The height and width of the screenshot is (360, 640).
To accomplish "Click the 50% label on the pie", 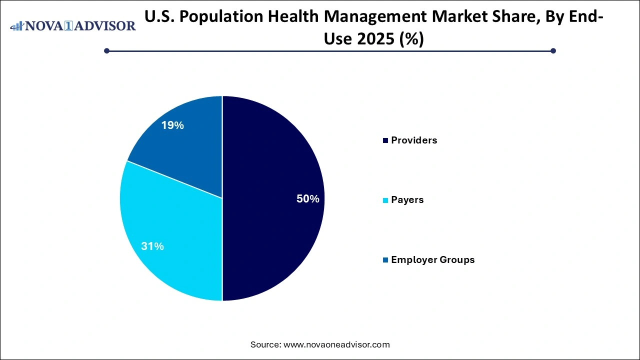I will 307,199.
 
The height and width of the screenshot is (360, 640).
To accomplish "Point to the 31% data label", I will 152,246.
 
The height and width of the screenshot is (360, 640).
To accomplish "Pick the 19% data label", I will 172,126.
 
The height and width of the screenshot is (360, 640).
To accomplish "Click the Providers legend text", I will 414,140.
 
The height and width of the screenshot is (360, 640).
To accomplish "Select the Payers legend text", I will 407,200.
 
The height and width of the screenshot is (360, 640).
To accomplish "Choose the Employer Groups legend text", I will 432,260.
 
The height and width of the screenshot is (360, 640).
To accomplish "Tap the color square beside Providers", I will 385,141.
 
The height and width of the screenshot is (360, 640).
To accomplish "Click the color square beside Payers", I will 385,200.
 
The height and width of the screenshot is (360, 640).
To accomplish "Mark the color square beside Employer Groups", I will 385,260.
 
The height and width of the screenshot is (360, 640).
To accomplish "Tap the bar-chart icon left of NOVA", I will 17,25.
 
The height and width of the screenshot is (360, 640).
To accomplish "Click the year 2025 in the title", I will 368,39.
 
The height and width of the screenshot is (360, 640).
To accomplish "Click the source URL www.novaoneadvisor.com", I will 336,344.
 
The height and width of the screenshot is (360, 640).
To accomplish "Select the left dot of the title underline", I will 106,50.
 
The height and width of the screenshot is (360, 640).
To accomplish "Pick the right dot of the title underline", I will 553,50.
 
